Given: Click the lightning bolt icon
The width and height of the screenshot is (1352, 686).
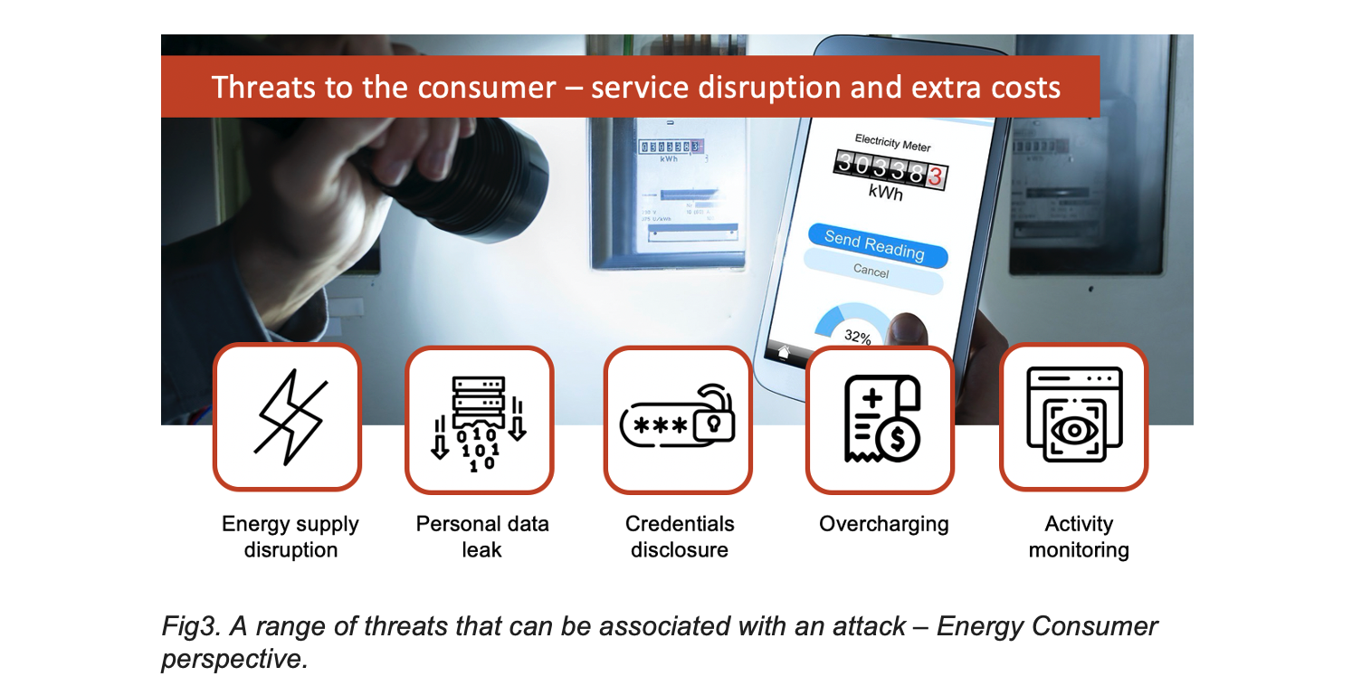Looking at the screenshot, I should pos(288,417).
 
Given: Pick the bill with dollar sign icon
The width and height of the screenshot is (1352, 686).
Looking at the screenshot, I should pos(881,419).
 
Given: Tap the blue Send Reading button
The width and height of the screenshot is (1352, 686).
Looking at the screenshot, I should pos(874,245).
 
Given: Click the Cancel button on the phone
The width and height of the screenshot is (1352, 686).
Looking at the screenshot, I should pos(871,271).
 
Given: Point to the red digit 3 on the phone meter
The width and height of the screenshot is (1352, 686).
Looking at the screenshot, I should pos(934,177).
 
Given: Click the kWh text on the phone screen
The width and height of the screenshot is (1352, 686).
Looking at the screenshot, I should pos(885,194).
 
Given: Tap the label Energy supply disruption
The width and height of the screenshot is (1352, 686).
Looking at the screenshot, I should pos(290,537).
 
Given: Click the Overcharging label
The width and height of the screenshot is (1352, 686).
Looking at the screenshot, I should pos(883,524).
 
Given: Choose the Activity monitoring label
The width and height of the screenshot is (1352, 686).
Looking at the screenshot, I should pos(1079,537).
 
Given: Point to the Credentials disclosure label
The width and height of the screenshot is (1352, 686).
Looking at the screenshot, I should pos(680,537).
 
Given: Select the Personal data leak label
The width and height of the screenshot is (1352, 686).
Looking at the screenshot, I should pos(482,537).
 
